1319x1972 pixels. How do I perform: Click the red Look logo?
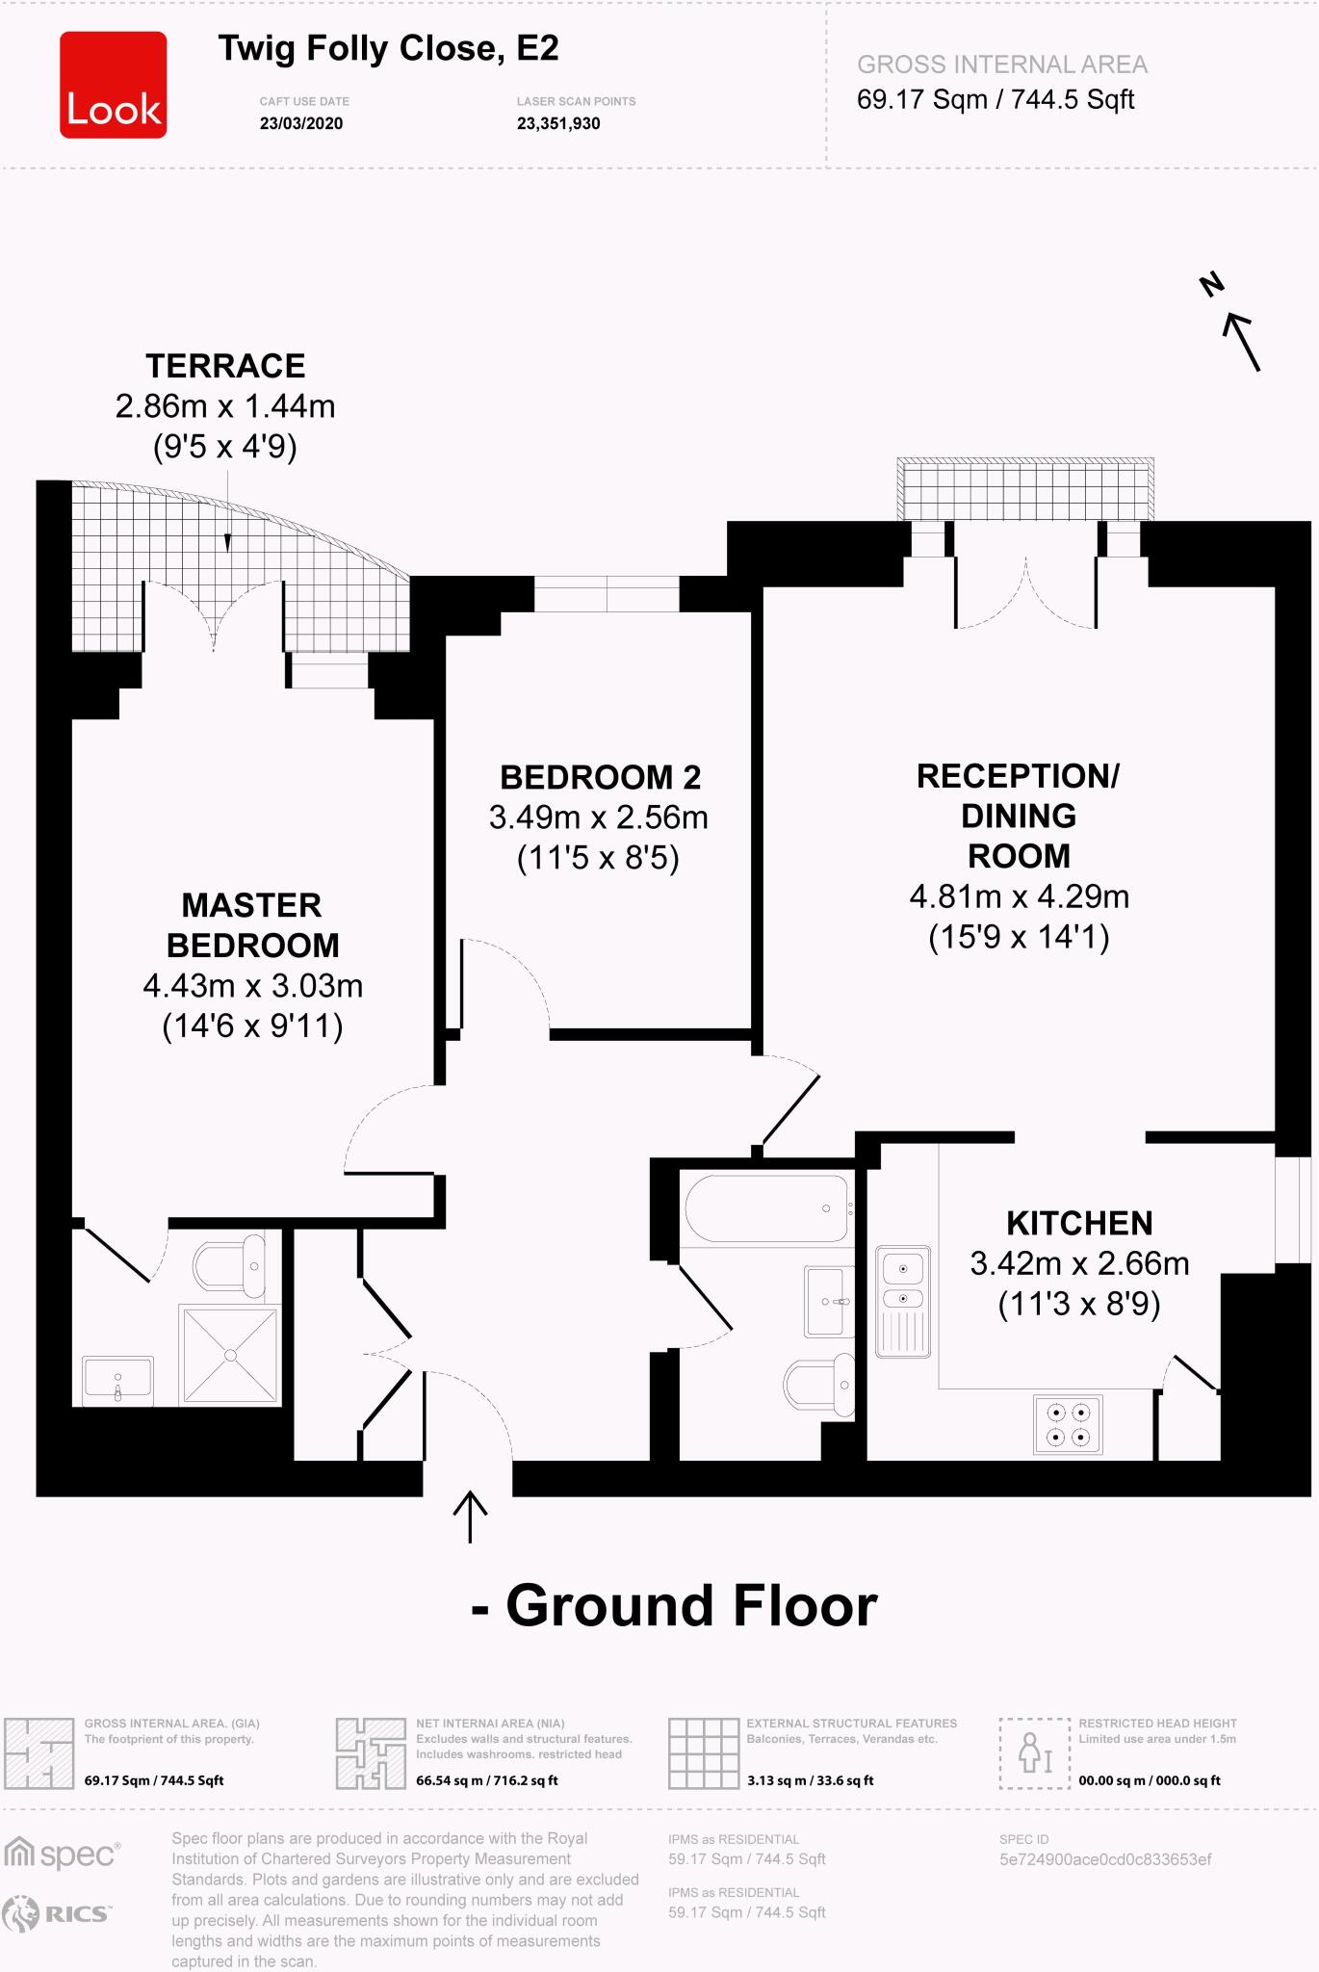(x=113, y=85)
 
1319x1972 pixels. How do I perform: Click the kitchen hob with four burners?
(x=1068, y=1424)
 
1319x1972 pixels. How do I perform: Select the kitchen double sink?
(x=903, y=1301)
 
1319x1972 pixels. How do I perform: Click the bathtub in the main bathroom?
(x=766, y=1208)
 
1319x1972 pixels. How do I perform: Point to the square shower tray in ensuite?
(x=230, y=1355)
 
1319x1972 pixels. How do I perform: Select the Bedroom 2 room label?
(x=600, y=777)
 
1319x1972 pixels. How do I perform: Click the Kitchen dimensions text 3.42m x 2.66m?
(x=1079, y=1263)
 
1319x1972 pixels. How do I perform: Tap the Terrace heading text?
(x=225, y=366)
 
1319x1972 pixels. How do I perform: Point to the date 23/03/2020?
(x=300, y=123)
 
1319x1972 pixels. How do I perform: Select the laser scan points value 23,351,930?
(x=558, y=123)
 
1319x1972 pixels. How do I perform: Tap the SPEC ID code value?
(x=1105, y=1859)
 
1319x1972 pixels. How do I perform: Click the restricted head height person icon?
(x=1035, y=1753)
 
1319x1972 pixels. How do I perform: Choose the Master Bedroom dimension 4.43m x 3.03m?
(x=252, y=986)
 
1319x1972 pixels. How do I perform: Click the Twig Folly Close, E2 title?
(x=388, y=48)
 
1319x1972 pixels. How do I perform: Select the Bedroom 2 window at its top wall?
(x=607, y=594)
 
